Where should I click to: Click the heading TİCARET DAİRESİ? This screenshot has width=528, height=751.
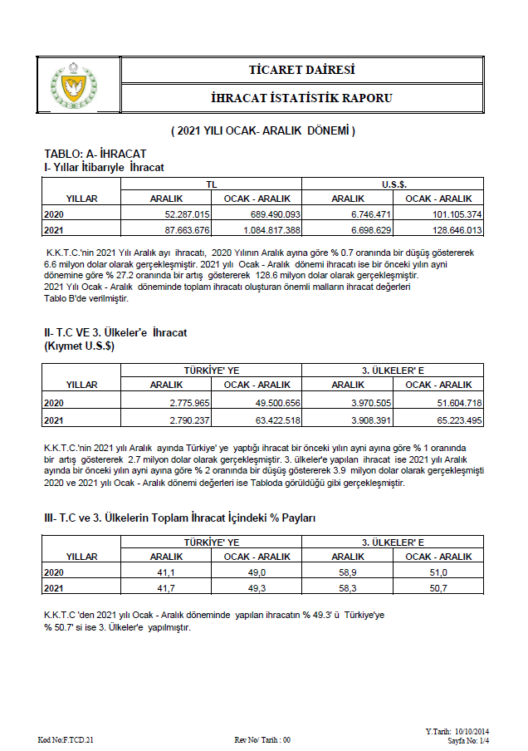[x=301, y=69]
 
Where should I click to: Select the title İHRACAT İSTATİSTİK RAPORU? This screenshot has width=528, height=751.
[x=301, y=98]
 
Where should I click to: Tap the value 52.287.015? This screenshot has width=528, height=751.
[x=185, y=214]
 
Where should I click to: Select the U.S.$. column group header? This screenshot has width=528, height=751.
[x=393, y=183]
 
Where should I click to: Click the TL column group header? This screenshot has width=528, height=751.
[x=212, y=183]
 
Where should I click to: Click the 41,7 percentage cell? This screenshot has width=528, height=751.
[x=166, y=588]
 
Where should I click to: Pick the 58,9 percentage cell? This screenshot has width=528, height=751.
[x=348, y=572]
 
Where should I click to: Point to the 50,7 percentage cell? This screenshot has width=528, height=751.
[x=438, y=588]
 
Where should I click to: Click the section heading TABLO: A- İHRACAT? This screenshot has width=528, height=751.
[x=95, y=155]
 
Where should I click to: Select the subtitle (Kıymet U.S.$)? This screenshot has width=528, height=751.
[x=79, y=346]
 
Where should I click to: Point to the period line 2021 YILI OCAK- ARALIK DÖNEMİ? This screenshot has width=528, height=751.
[x=263, y=131]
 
